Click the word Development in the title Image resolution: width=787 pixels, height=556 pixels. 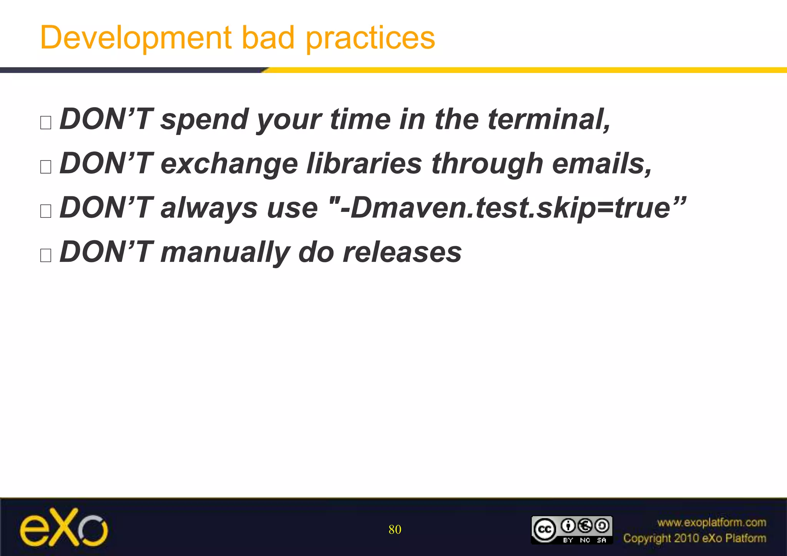pos(136,38)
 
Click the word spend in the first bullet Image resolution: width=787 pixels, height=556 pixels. pos(204,120)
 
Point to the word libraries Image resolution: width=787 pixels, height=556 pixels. pos(364,164)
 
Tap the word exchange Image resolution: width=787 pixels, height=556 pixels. pos(229,164)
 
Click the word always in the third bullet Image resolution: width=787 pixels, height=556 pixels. pos(209,208)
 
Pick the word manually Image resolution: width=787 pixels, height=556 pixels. pos(225,253)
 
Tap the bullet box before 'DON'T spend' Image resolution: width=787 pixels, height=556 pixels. pos(46,123)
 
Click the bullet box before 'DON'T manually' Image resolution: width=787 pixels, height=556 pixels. pos(46,255)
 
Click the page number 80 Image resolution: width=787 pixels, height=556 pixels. pos(395,530)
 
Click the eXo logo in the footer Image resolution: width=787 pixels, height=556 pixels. pos(64,527)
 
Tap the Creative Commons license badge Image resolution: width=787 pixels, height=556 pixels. pos(571,530)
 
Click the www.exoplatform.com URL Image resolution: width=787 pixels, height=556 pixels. pos(711,522)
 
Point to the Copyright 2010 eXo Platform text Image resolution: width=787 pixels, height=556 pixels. pos(694,538)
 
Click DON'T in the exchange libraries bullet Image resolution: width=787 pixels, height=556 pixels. pos(106,164)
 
